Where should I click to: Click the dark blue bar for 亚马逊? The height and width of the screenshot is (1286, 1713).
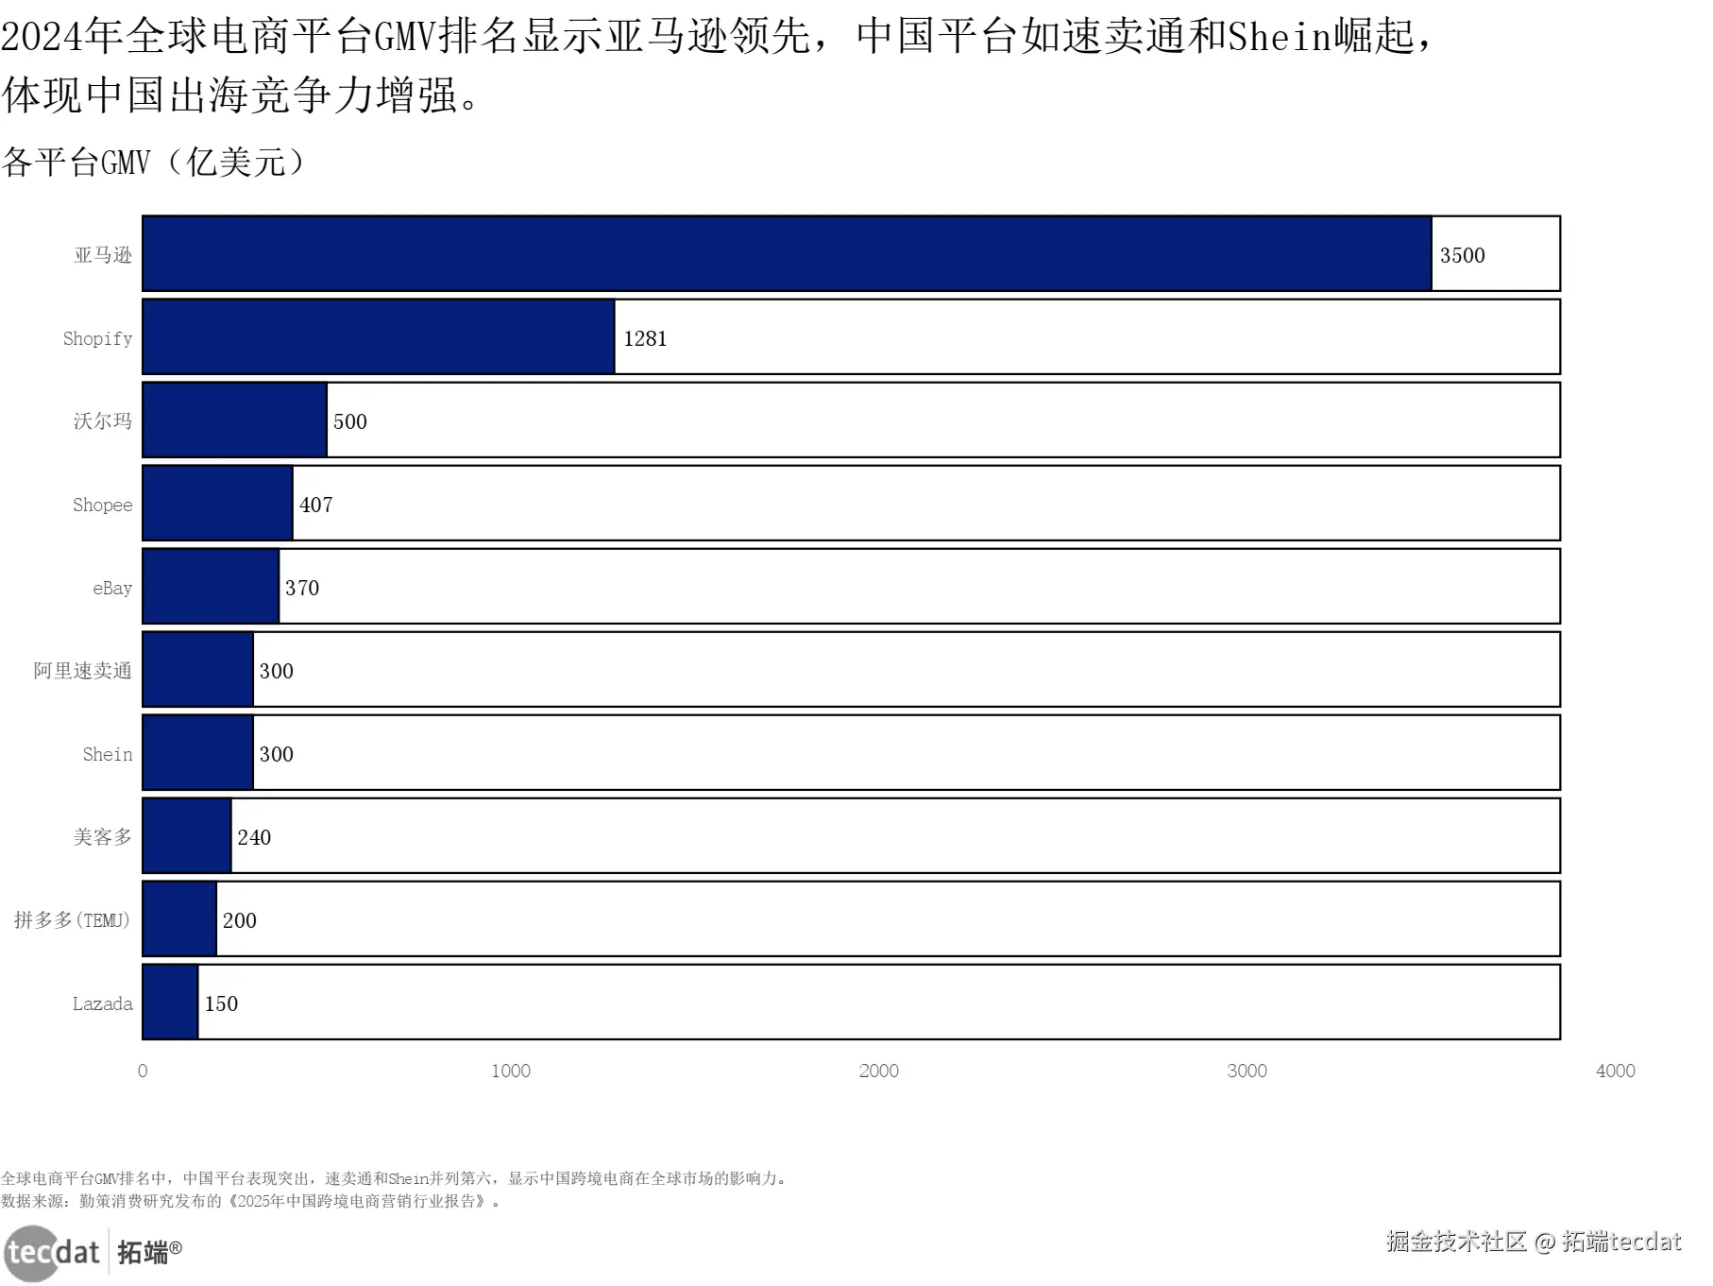[x=787, y=254]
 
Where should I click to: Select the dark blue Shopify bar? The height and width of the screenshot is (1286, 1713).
[x=379, y=337]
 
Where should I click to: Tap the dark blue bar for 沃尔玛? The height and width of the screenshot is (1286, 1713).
[x=235, y=420]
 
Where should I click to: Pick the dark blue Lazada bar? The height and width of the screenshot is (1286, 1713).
[x=170, y=1003]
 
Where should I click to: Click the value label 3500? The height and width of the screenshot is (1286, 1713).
[x=1462, y=255]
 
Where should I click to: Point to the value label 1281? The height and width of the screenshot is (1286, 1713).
[x=645, y=338]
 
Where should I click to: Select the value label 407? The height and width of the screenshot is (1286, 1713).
[x=316, y=505]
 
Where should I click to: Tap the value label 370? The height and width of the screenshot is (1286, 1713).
[x=302, y=588]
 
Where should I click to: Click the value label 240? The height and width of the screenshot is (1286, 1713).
[x=254, y=837]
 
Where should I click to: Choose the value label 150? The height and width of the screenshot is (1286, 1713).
[x=221, y=1003]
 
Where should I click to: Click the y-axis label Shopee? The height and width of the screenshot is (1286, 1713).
[x=103, y=505]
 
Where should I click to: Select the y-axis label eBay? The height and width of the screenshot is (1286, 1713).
[x=112, y=589]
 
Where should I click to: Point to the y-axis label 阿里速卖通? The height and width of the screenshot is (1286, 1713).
[x=83, y=671]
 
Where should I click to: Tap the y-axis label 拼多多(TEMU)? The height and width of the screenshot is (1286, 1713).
[x=72, y=920]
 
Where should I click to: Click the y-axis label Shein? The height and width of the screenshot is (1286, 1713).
[x=108, y=754]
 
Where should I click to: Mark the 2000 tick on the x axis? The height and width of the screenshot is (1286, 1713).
[x=878, y=1071]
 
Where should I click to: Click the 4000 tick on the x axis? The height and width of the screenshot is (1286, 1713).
[x=1615, y=1071]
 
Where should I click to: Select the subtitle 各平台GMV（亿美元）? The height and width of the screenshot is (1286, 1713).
[x=154, y=163]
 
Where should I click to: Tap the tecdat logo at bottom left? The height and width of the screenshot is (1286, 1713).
[x=93, y=1253]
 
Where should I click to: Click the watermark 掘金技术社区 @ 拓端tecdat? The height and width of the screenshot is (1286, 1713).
[x=1534, y=1242]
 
